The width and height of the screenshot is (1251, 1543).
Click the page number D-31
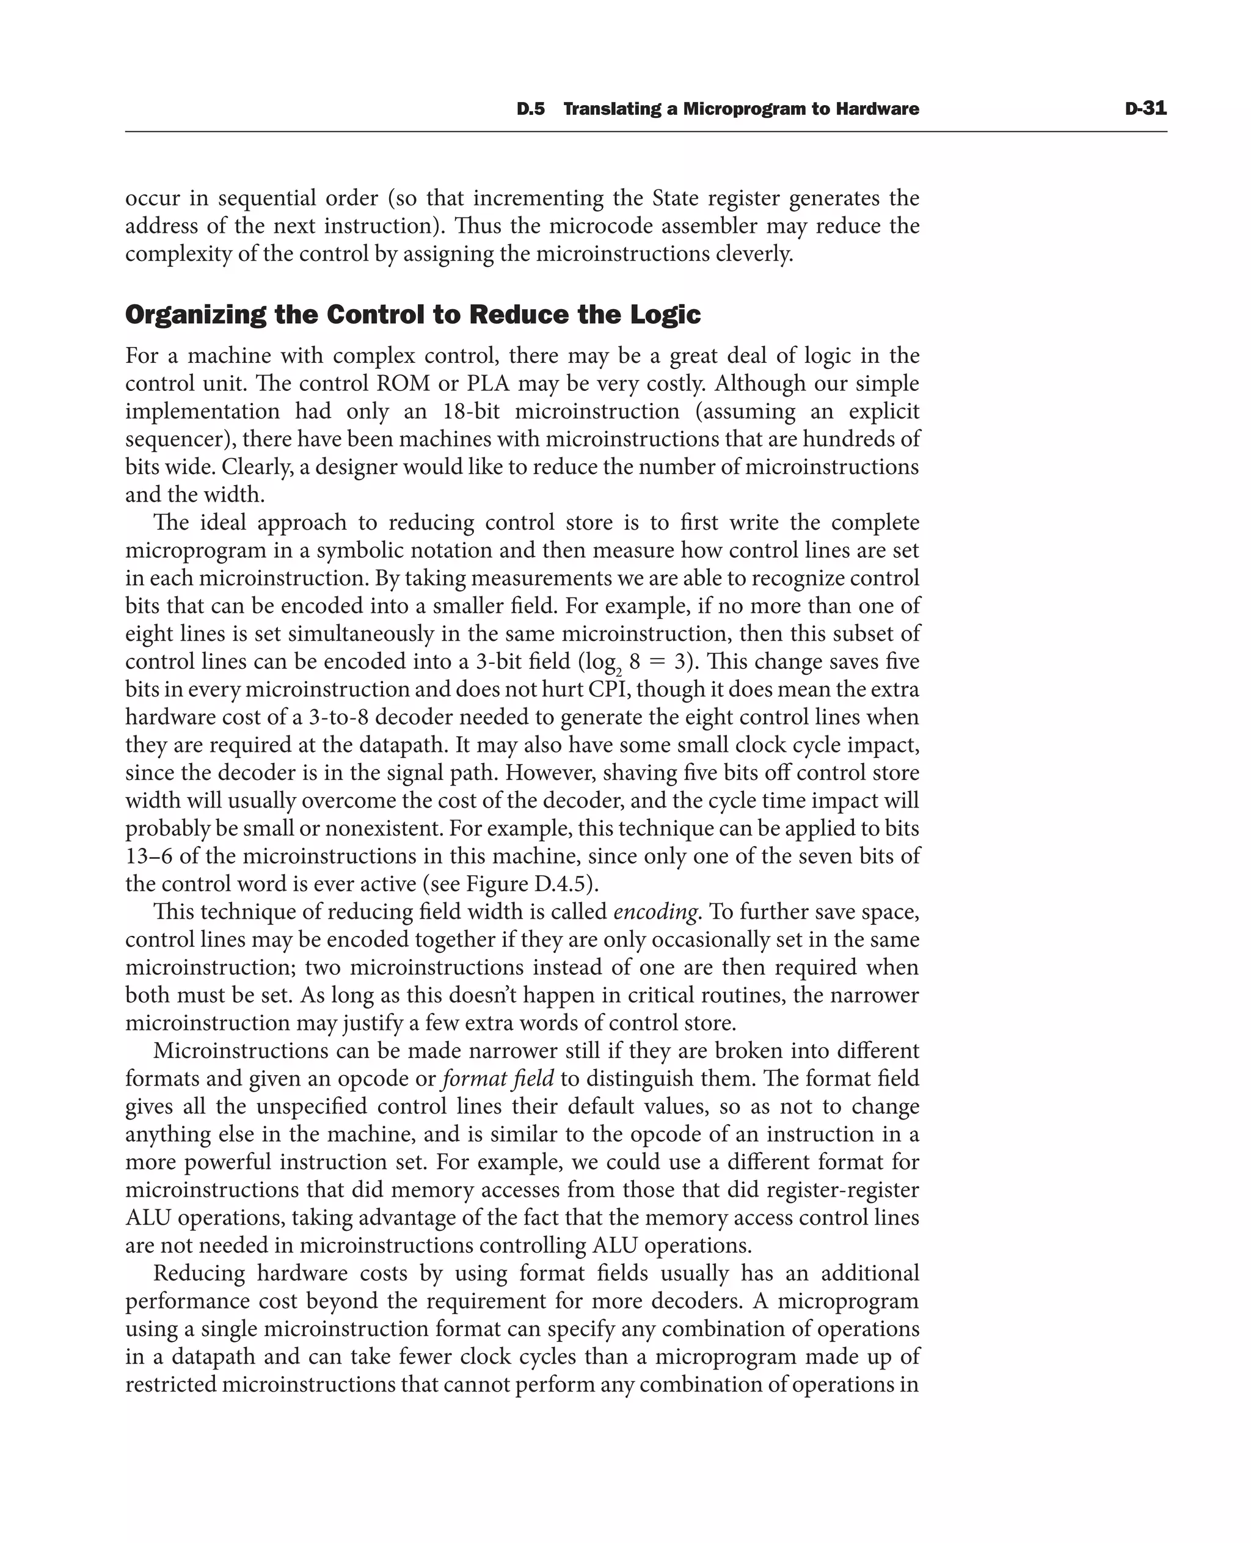coord(1145,109)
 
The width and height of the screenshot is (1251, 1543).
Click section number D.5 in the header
coord(530,109)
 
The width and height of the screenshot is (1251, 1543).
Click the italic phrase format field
coord(498,1079)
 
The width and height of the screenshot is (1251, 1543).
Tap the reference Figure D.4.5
coord(529,885)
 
